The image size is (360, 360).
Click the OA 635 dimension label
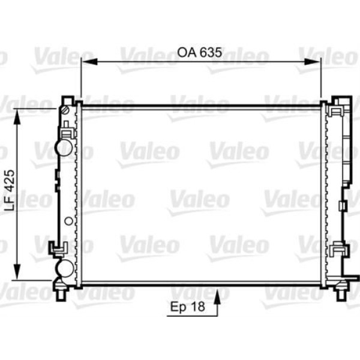[200, 52]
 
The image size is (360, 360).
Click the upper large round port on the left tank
[64, 147]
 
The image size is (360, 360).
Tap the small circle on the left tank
[68, 220]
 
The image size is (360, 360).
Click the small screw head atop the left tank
[64, 109]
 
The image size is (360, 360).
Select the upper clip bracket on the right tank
[338, 111]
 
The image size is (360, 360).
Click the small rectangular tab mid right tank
[343, 206]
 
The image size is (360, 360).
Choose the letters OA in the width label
[185, 52]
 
